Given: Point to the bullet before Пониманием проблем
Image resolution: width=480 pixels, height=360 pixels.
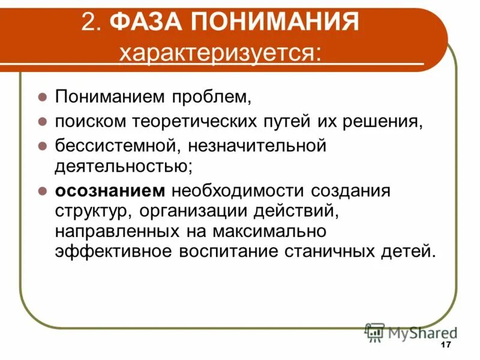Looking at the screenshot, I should click(43, 96).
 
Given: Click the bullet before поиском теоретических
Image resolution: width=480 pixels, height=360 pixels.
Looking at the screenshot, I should click(43, 121).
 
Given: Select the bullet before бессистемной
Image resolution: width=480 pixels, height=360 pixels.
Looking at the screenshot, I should click(43, 146).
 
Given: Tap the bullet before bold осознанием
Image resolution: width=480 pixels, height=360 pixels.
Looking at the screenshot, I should click(43, 191).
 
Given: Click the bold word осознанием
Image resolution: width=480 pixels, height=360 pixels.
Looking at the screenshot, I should click(110, 191).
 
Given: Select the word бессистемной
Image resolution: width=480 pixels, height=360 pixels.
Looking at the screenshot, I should click(119, 146).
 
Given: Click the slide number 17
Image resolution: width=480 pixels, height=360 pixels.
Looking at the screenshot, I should click(445, 345).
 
